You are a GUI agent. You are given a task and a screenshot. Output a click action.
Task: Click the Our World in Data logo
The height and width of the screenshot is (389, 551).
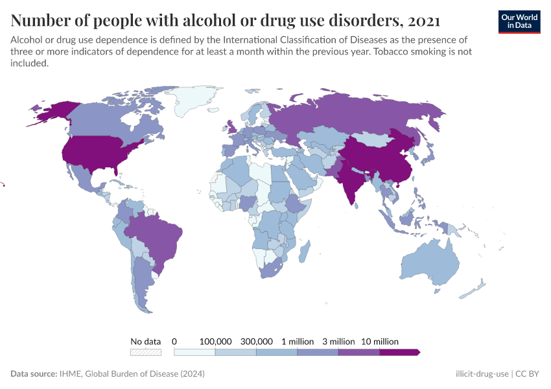click(519, 21)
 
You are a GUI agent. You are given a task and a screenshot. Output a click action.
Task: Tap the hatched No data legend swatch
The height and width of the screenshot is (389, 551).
click(145, 353)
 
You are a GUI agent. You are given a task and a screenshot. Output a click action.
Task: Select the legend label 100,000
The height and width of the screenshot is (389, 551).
click(215, 341)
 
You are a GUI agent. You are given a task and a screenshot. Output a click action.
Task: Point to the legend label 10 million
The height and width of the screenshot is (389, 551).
click(379, 341)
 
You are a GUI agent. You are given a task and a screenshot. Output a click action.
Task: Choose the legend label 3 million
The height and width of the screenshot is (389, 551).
click(338, 341)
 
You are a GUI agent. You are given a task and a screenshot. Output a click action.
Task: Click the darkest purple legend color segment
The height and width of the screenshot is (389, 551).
click(399, 353)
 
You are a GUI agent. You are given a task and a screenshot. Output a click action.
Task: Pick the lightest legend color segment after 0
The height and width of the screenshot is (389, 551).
click(194, 353)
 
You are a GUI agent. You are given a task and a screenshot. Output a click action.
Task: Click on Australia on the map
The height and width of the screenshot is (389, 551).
click(431, 266)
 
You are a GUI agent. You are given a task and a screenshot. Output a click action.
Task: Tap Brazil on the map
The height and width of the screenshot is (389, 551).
click(156, 237)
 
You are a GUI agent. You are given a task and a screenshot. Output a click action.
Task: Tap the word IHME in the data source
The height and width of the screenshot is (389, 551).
click(70, 374)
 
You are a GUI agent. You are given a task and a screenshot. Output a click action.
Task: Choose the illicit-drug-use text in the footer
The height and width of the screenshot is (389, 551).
click(482, 374)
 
